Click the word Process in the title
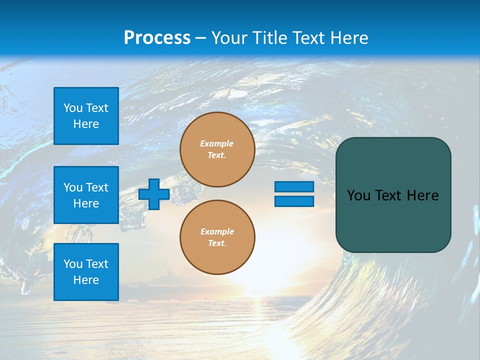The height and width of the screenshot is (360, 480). point(157,38)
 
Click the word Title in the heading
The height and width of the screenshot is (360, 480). point(269,38)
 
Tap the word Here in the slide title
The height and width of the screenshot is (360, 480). point(348,38)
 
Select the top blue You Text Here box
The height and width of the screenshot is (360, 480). point(86,116)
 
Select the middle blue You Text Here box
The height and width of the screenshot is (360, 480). point(86,195)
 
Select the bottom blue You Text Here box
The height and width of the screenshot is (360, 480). point(86,272)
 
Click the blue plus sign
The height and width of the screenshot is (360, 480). point(154,194)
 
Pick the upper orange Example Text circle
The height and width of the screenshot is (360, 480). point(217,149)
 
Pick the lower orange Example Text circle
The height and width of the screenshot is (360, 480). point(217,237)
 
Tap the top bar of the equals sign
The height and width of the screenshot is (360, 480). point(294,186)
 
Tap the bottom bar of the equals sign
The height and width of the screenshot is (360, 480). point(294,201)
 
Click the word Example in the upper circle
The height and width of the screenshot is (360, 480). point(217,143)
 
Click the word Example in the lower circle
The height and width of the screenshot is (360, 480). point(217,231)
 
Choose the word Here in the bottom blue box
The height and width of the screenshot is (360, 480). point(86,280)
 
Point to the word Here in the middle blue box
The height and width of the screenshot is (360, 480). point(86,203)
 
